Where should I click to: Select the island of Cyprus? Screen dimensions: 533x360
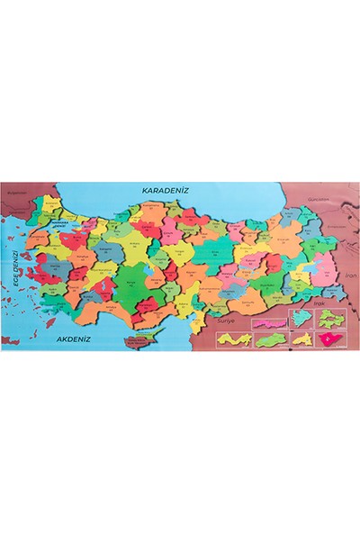pyautogui.click(x=141, y=340)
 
